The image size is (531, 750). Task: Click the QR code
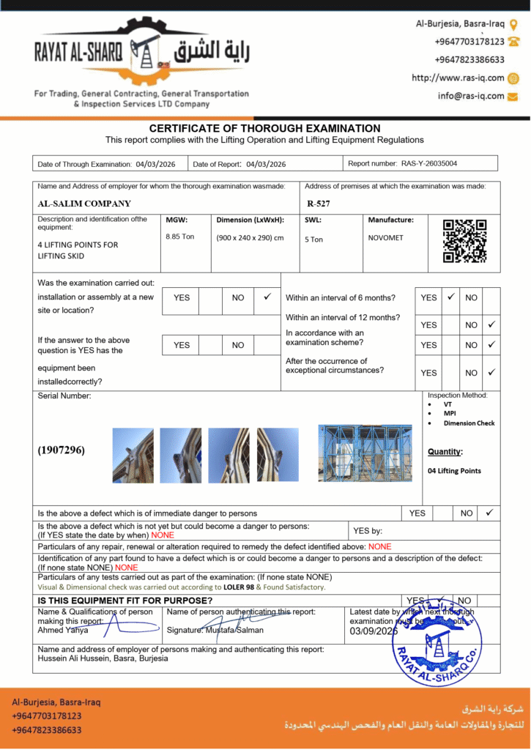tap(465, 241)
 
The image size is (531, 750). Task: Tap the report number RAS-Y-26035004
tap(429, 163)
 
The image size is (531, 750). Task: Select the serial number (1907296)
tap(61, 450)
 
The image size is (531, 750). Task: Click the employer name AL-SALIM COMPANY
tap(84, 204)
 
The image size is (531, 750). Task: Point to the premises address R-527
tap(319, 204)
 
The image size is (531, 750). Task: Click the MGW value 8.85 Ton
tap(180, 237)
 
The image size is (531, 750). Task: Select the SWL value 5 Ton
tap(313, 240)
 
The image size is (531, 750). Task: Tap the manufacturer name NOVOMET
tap(385, 237)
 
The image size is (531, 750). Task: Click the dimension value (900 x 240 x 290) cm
tap(250, 237)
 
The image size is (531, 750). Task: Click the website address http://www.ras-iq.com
tap(458, 78)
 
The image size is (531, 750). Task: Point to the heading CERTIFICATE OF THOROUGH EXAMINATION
tap(265, 128)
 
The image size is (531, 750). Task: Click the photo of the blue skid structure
tap(365, 453)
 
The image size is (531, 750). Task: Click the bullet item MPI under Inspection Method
tap(450, 413)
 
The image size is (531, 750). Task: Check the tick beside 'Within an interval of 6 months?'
tap(450, 297)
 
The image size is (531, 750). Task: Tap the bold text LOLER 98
tap(239, 587)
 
